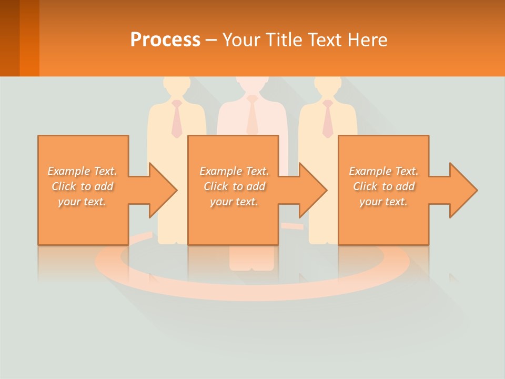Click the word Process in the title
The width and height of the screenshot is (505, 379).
coord(165,40)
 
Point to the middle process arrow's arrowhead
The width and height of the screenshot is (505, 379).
coord(312,190)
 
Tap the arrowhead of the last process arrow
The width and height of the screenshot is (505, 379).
coord(463,190)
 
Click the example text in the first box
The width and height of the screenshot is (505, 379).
coord(83,186)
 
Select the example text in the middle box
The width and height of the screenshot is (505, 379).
coord(234,186)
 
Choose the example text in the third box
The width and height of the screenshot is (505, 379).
coord(383,186)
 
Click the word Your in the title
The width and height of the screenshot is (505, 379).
coord(241,40)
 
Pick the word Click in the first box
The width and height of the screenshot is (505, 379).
coord(64,186)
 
